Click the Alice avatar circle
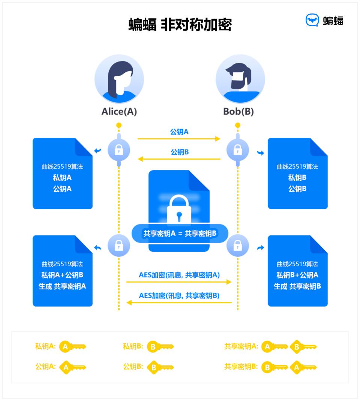pos(119,79)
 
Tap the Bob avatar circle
pos(240,79)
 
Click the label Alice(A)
pos(119,112)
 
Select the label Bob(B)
pos(238,112)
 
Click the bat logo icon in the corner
pos(312,20)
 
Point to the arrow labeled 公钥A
pos(179,139)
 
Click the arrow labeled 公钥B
pos(179,159)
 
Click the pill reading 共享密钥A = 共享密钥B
pos(180,233)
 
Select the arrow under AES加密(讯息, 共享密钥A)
pos(179,282)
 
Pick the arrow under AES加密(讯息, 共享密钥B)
pos(179,302)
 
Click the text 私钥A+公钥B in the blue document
pos(62,275)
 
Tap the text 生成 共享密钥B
pos(297,286)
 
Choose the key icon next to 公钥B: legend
pos(160,367)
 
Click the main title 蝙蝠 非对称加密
pos(180,25)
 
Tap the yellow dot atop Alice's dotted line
pos(119,125)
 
